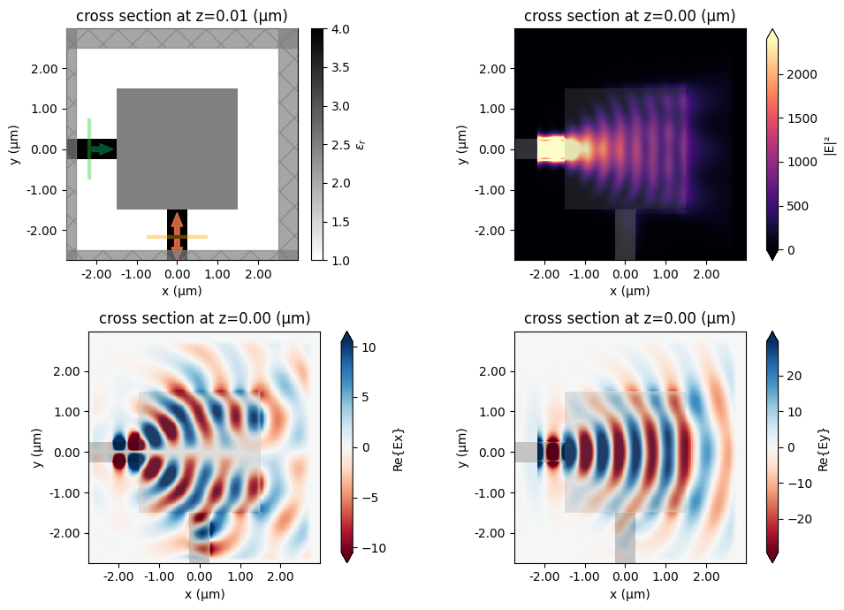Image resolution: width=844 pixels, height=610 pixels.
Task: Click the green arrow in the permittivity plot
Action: click(x=103, y=149)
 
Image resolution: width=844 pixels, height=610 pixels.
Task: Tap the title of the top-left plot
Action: click(x=181, y=16)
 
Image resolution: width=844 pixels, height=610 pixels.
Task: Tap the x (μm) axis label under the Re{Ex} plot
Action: click(x=204, y=594)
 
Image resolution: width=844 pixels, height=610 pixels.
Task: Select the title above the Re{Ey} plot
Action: click(x=629, y=318)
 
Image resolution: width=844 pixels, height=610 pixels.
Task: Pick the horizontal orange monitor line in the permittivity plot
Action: click(x=177, y=237)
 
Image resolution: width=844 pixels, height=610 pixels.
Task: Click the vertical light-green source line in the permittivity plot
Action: click(x=89, y=149)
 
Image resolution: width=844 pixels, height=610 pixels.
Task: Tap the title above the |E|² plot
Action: click(x=629, y=16)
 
